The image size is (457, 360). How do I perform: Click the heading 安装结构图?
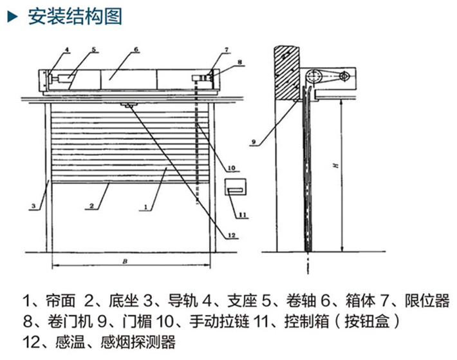(x=75, y=17)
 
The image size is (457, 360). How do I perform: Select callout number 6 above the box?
(x=136, y=50)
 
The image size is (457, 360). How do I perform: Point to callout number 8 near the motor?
(x=239, y=62)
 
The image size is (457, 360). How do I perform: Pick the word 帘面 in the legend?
(x=62, y=301)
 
